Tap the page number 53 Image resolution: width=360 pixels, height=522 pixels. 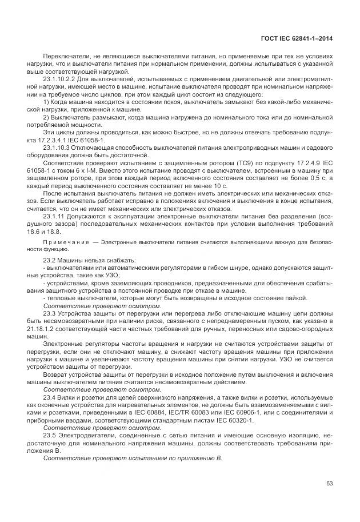[x=329, y=484]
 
